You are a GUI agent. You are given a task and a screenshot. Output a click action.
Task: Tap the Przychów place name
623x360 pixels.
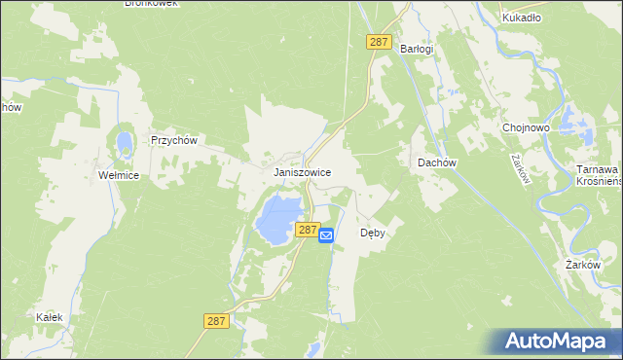[x=174, y=140]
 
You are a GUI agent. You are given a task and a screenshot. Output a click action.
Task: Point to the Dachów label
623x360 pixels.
[x=437, y=162]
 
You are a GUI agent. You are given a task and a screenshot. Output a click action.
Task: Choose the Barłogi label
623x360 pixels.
[x=417, y=49]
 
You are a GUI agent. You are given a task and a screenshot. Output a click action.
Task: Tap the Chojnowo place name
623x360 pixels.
[x=527, y=127]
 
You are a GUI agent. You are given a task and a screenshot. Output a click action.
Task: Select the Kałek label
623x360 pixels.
[x=50, y=318]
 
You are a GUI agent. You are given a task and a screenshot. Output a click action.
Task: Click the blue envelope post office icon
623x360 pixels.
[x=327, y=234]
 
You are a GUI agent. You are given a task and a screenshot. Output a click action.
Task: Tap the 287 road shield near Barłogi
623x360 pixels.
[x=380, y=43]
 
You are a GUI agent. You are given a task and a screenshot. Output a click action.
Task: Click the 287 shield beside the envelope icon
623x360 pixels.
[x=307, y=230]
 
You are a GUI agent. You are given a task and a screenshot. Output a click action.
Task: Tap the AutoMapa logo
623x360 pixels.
[x=558, y=342]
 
